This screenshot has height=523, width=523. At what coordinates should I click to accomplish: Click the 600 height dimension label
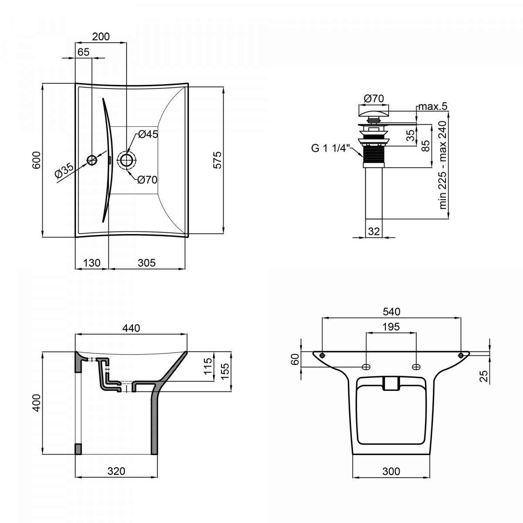(36, 160)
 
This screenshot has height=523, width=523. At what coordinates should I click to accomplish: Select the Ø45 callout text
(148, 134)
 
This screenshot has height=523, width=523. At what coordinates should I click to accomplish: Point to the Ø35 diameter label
(64, 170)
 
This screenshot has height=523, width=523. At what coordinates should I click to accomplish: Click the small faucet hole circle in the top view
(92, 160)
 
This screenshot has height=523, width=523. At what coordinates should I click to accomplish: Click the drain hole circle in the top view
(127, 160)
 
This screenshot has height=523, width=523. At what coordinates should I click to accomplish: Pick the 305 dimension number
(146, 263)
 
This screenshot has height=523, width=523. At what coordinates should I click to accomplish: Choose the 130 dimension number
(92, 263)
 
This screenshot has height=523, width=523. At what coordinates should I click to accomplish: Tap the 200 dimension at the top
(101, 36)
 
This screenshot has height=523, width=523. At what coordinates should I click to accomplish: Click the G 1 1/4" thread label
(329, 149)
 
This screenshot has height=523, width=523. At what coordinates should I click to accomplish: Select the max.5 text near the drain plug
(433, 106)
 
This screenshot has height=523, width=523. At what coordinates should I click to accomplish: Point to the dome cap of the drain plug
(374, 112)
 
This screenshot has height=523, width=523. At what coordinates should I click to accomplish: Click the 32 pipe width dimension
(374, 231)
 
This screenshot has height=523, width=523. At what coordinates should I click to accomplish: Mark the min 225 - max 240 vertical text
(442, 165)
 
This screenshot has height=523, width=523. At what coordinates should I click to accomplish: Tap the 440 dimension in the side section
(131, 328)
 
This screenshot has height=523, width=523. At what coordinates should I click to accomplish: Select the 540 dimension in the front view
(392, 312)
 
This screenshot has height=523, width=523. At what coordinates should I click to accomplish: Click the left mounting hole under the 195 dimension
(366, 367)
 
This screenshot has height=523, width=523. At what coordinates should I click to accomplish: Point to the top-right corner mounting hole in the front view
(461, 355)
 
